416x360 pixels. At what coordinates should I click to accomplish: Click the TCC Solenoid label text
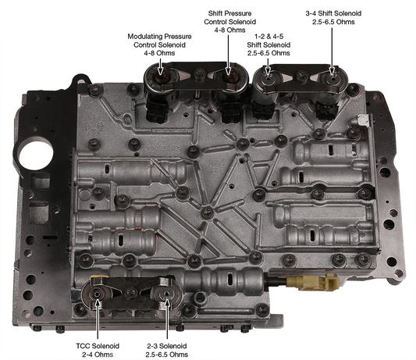tap(98, 350)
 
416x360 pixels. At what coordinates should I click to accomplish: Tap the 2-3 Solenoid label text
tap(166, 350)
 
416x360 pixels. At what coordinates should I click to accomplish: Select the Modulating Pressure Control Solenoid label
tap(159, 45)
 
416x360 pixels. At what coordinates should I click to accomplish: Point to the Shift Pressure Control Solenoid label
tap(229, 22)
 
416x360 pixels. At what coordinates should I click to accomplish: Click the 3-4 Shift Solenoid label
tap(333, 17)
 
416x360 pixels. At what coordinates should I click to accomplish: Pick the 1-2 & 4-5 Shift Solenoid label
tap(268, 45)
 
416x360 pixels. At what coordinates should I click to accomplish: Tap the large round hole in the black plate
tap(37, 155)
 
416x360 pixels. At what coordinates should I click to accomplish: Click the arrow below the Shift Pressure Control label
tap(228, 55)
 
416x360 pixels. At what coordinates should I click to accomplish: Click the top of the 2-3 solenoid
tap(166, 294)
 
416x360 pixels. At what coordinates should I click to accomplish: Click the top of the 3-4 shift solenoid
tap(332, 78)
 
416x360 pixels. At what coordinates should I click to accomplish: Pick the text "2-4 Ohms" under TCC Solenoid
tap(98, 355)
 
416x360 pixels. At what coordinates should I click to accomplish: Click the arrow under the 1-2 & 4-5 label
tap(268, 66)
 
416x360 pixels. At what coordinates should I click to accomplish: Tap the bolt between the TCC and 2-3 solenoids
tap(130, 293)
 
